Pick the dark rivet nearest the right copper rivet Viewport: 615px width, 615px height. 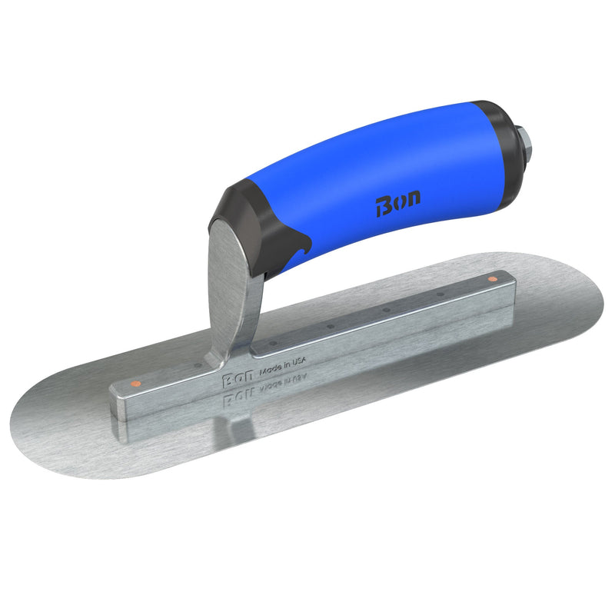coord(440,294)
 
